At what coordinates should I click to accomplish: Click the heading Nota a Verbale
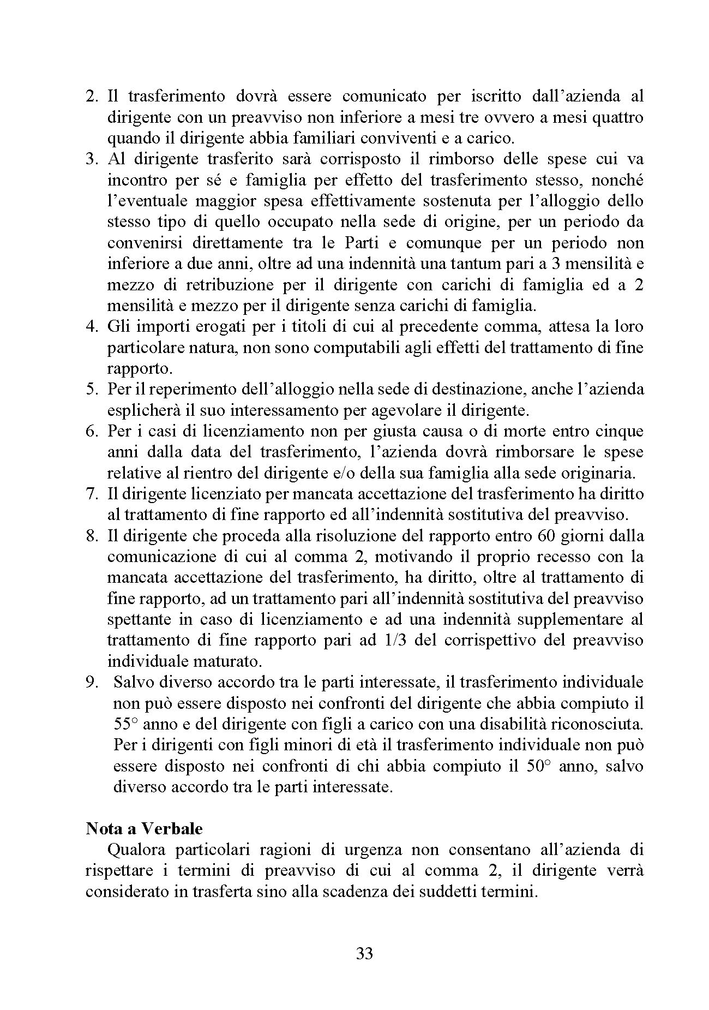click(144, 828)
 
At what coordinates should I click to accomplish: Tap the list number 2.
click(92, 96)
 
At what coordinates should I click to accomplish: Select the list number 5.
click(92, 389)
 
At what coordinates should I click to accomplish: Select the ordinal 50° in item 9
click(540, 766)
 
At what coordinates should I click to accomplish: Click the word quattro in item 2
click(617, 117)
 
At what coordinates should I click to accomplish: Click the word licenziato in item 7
click(210, 494)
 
